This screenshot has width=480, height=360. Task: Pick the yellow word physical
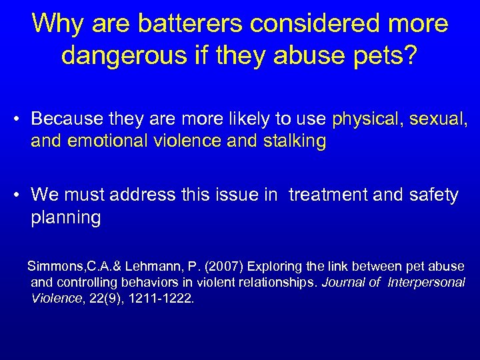[x=367, y=119]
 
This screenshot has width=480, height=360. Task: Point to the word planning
[x=66, y=218]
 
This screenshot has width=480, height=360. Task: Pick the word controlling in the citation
[x=83, y=283]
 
